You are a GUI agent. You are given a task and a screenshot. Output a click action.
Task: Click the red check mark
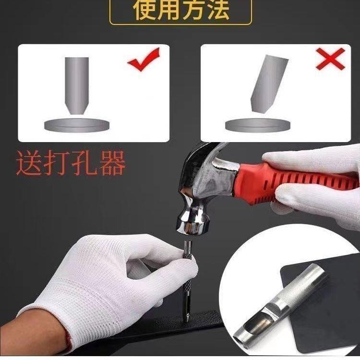(x=144, y=60)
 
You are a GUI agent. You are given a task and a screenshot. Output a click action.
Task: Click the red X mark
(x=330, y=59)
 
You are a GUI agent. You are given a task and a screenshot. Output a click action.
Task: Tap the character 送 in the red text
(x=29, y=163)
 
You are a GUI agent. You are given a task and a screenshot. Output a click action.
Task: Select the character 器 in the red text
(x=112, y=163)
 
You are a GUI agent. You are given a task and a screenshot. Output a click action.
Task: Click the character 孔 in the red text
(x=85, y=163)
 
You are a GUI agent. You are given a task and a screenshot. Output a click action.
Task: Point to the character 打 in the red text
(x=57, y=163)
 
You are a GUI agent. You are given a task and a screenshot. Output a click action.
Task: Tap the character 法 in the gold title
(x=216, y=9)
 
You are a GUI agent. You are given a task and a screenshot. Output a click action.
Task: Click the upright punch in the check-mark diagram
(x=77, y=85)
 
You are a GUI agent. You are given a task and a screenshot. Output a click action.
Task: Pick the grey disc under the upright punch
(x=77, y=125)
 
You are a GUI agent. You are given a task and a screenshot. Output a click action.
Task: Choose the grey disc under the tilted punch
(x=258, y=125)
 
